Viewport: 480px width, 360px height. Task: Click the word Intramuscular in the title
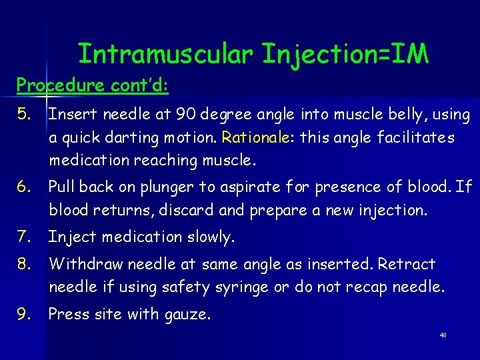click(165, 54)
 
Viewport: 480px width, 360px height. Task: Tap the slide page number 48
click(443, 335)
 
